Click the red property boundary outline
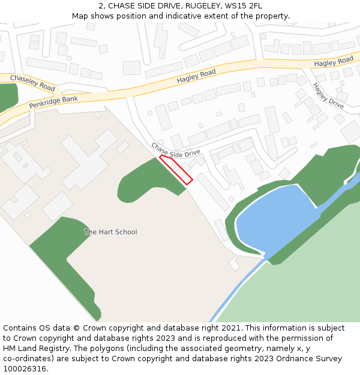[176, 169]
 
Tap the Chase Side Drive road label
[176, 150]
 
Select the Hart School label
[110, 232]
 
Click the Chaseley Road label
[32, 83]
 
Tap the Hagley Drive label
[328, 95]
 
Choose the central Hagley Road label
[196, 76]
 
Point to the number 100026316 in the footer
[24, 369]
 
